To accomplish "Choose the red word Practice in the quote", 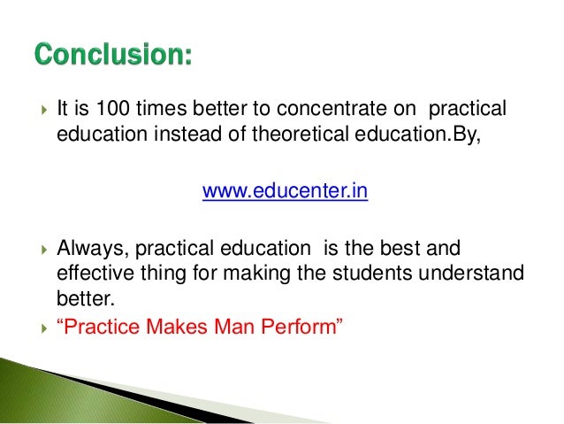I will (96, 328).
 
